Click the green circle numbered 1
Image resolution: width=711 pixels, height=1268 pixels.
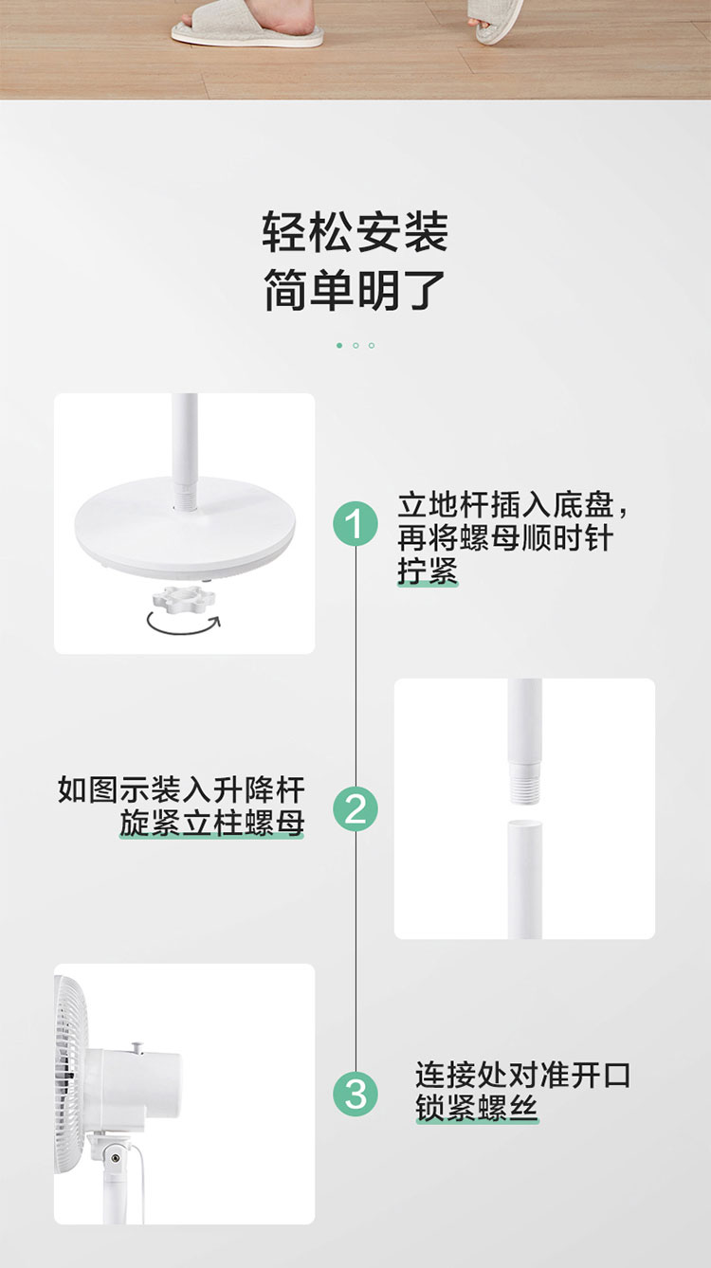355,524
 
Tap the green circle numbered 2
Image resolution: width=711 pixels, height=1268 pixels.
355,809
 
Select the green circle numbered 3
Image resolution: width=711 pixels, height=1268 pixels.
355,1094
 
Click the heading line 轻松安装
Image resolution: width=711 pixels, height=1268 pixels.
355,232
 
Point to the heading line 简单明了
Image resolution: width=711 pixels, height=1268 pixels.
355,290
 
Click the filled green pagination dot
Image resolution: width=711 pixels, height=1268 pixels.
339,345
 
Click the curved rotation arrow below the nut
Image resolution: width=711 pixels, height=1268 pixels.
182,630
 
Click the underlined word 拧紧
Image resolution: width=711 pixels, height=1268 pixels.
428,571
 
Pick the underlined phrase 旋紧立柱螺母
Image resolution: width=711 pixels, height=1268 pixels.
211,824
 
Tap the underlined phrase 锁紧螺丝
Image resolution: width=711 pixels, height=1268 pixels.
477,1108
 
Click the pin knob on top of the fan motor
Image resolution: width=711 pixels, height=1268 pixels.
137,1047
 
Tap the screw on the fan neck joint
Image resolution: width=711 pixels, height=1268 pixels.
115,1159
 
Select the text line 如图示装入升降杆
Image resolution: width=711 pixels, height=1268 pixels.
181,789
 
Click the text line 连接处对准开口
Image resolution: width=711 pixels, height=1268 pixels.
523,1075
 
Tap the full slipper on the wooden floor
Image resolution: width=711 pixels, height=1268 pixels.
247,24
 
